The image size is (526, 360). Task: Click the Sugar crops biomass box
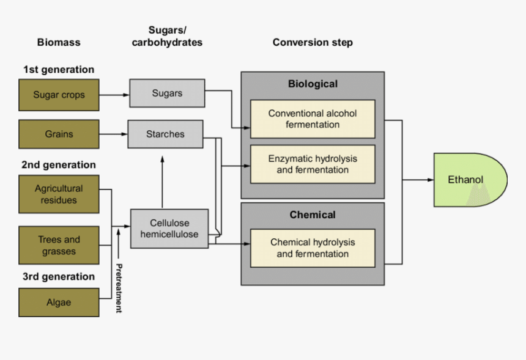(x=59, y=95)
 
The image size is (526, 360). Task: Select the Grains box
(x=59, y=134)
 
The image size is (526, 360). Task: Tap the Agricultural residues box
(x=59, y=194)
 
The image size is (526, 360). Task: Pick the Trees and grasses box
(x=59, y=245)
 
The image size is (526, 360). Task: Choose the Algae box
(x=59, y=302)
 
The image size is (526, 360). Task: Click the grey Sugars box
(x=167, y=94)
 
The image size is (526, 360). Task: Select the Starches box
(x=165, y=134)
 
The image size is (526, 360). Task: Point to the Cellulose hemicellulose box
(x=169, y=229)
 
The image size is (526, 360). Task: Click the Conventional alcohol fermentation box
(x=313, y=119)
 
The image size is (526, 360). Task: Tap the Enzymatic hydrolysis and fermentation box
(x=313, y=164)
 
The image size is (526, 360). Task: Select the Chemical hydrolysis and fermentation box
(x=313, y=248)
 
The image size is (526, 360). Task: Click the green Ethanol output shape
(x=469, y=180)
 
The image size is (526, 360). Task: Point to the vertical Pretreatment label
(x=119, y=288)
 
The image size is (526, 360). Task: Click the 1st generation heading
(x=59, y=70)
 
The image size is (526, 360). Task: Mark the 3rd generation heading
(x=59, y=276)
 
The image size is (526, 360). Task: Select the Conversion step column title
(x=313, y=43)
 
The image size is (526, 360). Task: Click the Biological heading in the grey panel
(x=313, y=84)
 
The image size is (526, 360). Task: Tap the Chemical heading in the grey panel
(x=313, y=215)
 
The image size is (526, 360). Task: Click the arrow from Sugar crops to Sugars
(x=114, y=95)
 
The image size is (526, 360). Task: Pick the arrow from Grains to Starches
(x=113, y=134)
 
